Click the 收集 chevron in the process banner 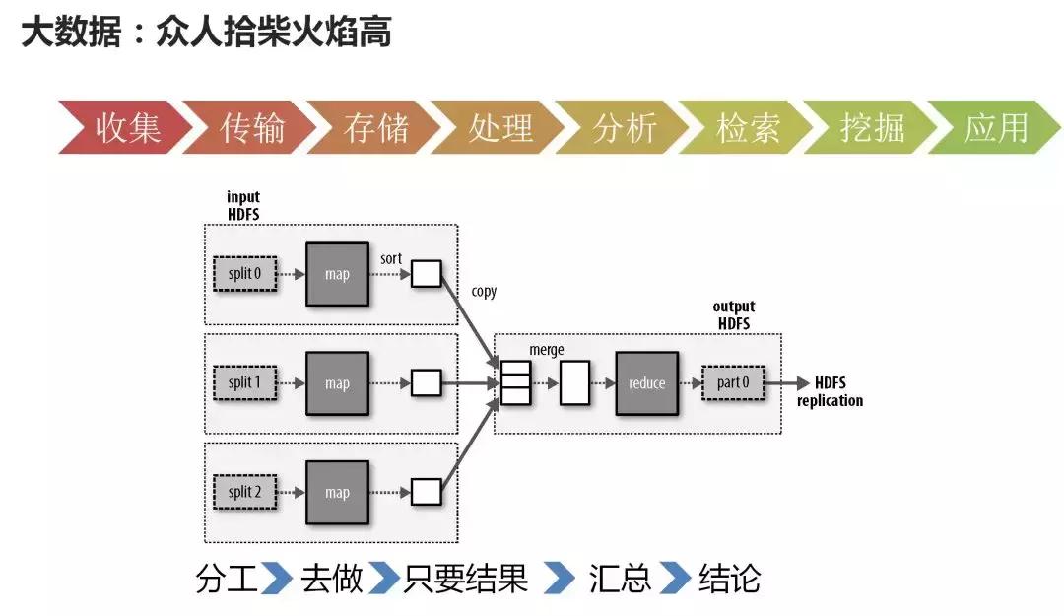126,128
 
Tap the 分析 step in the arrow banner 625,128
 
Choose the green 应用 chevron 995,128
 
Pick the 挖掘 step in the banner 872,128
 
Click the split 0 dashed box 244,274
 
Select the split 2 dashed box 244,492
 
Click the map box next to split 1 337,383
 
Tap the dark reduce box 646,383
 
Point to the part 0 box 734,383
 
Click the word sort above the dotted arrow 390,258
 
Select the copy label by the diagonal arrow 484,292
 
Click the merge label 547,350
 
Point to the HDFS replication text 830,391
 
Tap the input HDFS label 242,205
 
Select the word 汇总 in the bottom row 621,579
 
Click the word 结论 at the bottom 729,579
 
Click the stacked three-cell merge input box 515,383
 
